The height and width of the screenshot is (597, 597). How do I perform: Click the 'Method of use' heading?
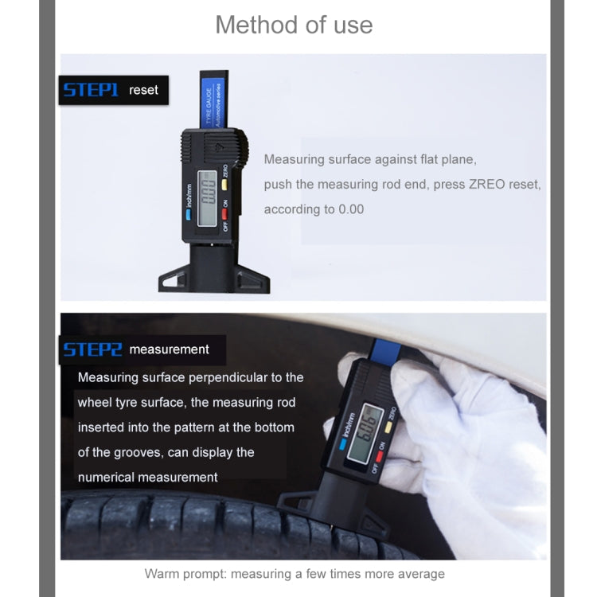[x=294, y=25]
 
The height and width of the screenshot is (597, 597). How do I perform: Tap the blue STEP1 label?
[x=90, y=90]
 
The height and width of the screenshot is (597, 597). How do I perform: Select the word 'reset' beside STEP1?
[x=143, y=90]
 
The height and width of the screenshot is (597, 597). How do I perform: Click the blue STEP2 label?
[x=92, y=349]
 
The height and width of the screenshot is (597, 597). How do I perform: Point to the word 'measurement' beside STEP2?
[x=169, y=349]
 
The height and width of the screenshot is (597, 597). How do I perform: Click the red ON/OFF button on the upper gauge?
[x=225, y=213]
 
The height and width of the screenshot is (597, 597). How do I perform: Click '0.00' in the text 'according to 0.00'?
[x=351, y=209]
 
